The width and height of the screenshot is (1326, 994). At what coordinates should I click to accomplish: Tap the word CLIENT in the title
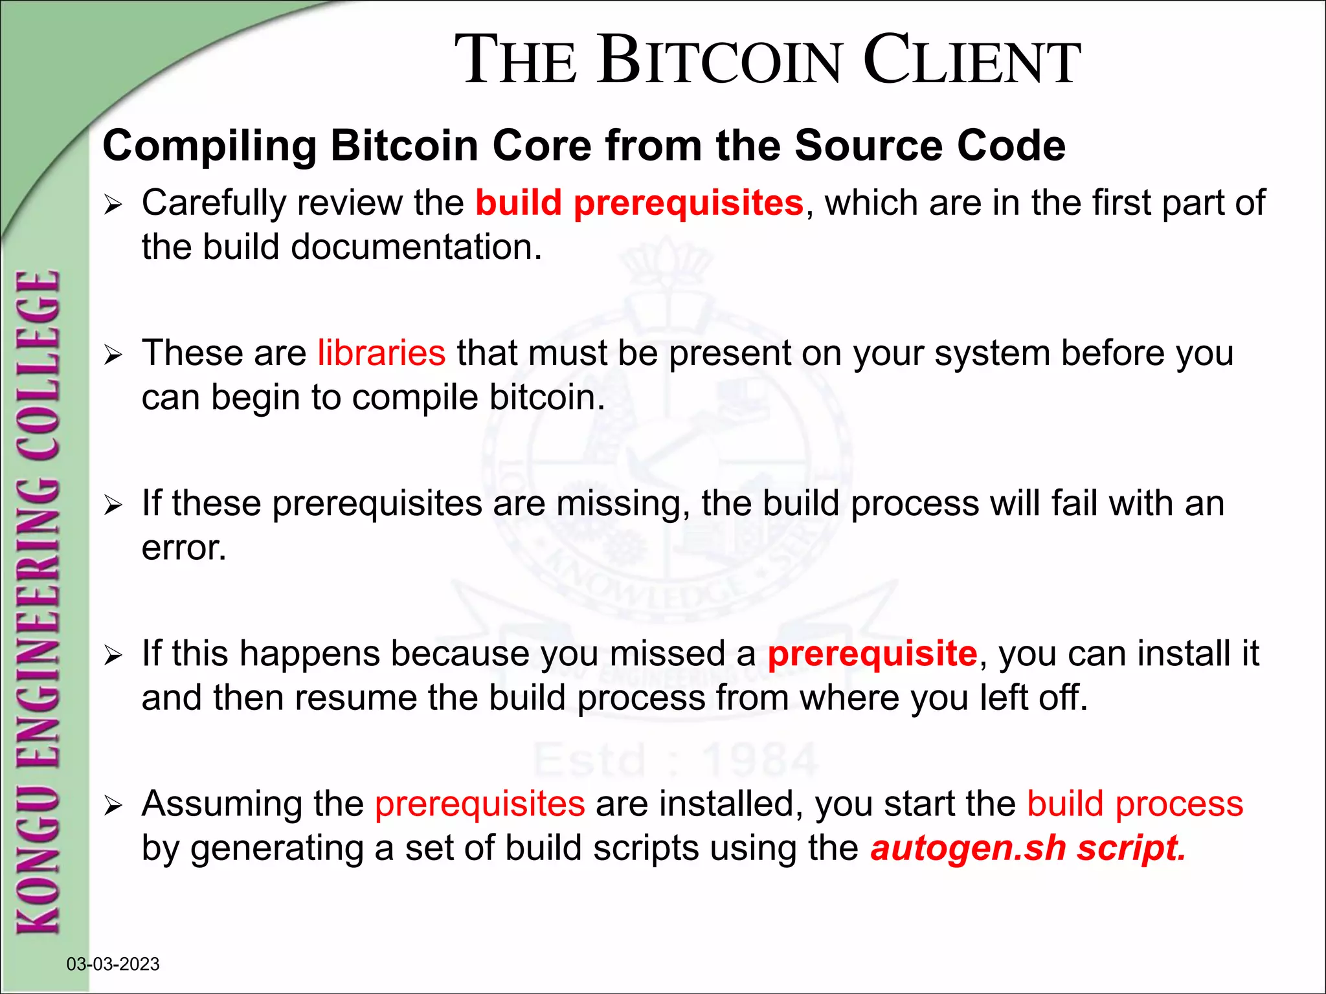point(971,61)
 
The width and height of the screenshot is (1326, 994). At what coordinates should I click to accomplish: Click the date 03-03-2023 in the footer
point(113,964)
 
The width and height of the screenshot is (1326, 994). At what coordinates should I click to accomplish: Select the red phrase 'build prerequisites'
point(639,203)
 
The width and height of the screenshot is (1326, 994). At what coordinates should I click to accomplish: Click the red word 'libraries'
point(381,353)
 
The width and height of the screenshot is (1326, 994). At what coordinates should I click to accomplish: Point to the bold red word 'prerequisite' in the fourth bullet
point(872,654)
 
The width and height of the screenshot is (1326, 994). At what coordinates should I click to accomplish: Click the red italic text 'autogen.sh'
point(968,848)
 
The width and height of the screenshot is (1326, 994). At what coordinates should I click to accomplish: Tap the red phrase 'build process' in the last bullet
point(1135,804)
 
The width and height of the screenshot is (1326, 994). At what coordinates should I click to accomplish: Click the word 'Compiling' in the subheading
point(209,146)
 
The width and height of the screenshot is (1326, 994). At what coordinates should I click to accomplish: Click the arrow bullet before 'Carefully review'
point(113,206)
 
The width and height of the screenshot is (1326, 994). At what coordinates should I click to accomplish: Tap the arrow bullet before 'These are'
point(113,355)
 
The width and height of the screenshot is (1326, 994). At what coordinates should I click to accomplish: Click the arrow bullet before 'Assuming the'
point(113,806)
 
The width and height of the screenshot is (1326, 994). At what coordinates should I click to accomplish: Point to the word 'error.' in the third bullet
point(184,548)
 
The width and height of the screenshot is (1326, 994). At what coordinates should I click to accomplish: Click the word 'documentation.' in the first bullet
point(416,248)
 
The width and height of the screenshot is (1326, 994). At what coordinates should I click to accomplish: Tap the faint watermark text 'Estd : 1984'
point(675,760)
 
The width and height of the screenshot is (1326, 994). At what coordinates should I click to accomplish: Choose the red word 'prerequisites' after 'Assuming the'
point(480,804)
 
